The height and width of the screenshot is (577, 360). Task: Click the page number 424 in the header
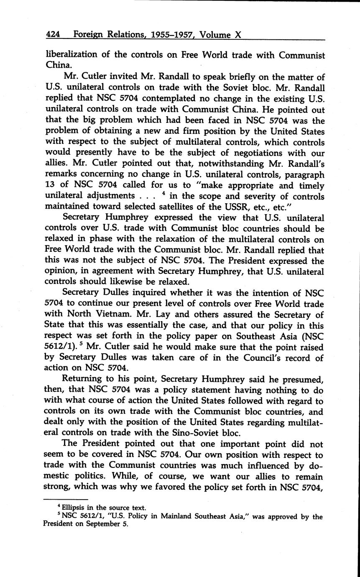click(x=53, y=35)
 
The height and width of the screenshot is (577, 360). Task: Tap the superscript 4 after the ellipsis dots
click(x=166, y=194)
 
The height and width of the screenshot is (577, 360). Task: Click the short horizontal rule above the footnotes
click(x=66, y=499)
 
